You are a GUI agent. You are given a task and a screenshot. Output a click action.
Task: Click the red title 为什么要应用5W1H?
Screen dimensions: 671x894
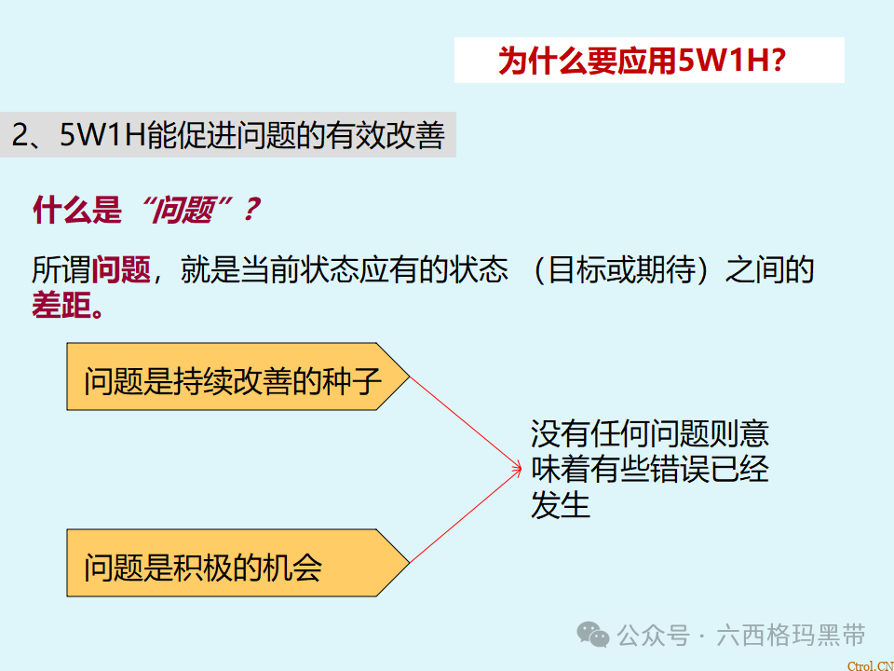(643, 61)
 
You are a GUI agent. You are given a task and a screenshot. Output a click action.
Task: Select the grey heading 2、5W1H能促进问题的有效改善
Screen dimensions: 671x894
(228, 136)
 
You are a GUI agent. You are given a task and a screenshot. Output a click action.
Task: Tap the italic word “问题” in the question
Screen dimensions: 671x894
(185, 211)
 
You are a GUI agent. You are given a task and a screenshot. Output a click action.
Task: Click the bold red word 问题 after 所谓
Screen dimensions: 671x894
(121, 270)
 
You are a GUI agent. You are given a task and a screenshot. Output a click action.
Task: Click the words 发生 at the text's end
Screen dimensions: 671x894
(561, 505)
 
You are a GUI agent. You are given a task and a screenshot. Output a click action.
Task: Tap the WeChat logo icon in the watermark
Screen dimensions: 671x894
(592, 635)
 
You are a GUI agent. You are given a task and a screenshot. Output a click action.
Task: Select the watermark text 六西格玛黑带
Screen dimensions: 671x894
(791, 636)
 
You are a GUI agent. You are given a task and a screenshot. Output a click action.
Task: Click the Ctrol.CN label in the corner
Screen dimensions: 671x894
(870, 664)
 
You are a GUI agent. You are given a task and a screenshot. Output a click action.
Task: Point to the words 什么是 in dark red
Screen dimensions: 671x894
(76, 211)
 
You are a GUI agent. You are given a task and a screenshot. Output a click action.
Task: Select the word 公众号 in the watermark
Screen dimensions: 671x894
(653, 636)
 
